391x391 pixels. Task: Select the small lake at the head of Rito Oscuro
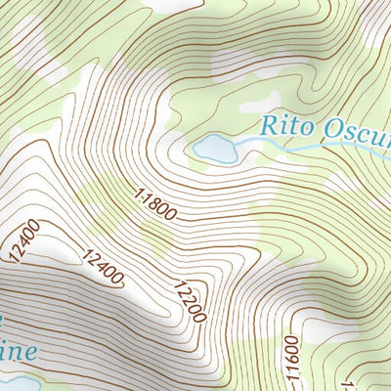pyautogui.click(x=215, y=149)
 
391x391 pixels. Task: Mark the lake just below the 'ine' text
pyautogui.click(x=18, y=381)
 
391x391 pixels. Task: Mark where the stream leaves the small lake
pyautogui.click(x=238, y=147)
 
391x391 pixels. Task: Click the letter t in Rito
pyautogui.click(x=291, y=127)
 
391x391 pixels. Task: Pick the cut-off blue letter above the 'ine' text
pyautogui.click(x=3, y=320)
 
